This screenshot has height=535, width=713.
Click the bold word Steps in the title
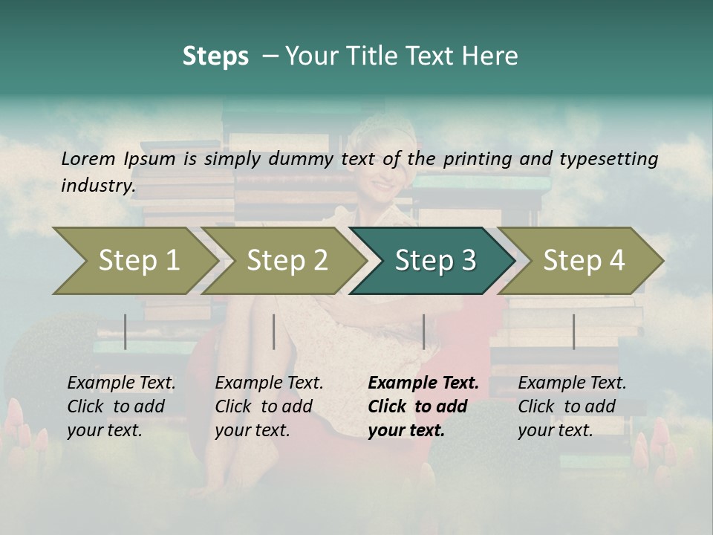pos(215,56)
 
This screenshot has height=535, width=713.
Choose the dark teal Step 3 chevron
pos(433,261)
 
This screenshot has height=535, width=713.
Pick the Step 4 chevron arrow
pos(582,261)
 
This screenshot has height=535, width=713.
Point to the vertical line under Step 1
pos(126,331)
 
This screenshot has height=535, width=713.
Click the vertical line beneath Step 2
pos(274,331)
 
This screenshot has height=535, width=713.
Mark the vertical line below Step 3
pos(423,331)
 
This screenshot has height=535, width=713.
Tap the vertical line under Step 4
pos(573,331)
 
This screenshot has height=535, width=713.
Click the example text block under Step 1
pos(121,406)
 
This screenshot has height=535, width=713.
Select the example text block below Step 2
pos(269,406)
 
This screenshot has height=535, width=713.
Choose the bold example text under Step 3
pos(423,406)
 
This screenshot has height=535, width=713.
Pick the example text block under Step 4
pos(572,406)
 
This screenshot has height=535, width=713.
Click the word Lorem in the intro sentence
pos(88,159)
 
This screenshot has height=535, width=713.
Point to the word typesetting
pos(611,159)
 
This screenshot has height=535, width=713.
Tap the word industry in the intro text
pos(98,186)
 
